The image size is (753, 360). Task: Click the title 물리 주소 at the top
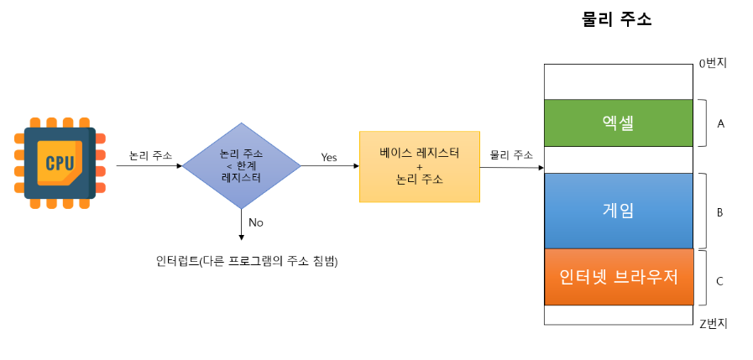[616, 19]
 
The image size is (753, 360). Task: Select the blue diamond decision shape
[241, 165]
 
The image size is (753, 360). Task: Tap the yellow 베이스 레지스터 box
[419, 166]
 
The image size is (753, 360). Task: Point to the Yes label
[328, 157]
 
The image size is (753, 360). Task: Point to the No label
[256, 222]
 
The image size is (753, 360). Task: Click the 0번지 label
[713, 63]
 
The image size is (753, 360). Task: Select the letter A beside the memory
[720, 123]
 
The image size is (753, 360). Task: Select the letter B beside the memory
[719, 212]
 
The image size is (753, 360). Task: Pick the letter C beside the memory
[719, 280]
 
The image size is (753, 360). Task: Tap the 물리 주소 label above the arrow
[511, 155]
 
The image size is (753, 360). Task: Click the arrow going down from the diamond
[242, 224]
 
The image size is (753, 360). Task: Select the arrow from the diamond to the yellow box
[330, 166]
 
